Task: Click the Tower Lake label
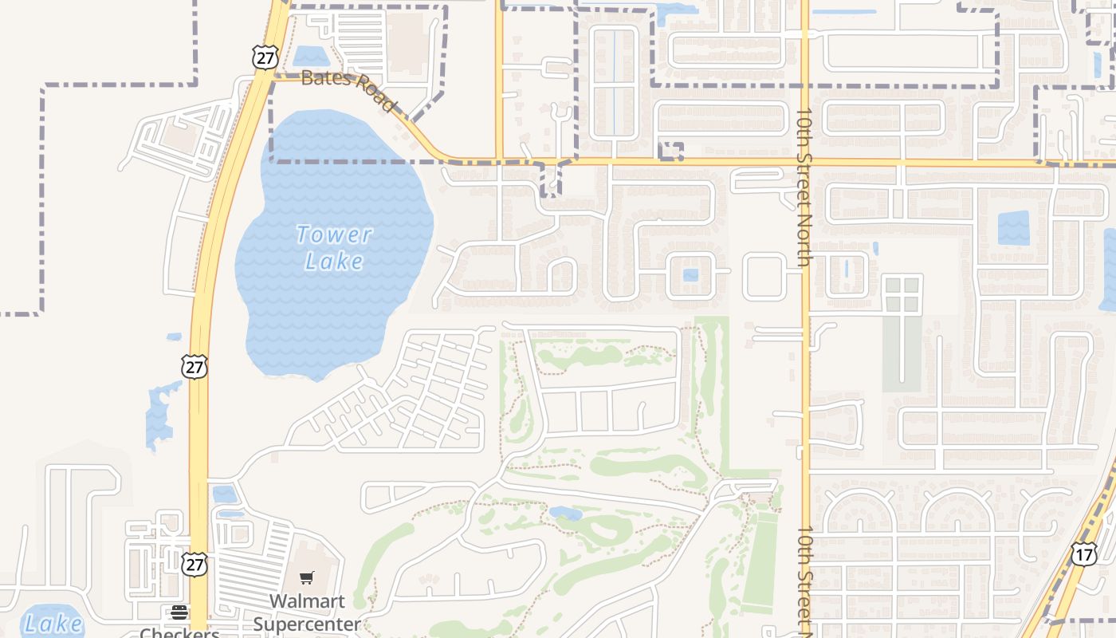(x=334, y=247)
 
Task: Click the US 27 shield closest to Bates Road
(x=264, y=57)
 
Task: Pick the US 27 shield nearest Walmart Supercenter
(x=194, y=564)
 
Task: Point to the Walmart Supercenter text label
(x=307, y=612)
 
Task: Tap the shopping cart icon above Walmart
(x=307, y=578)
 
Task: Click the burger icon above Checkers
(x=179, y=612)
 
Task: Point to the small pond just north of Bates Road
(x=311, y=57)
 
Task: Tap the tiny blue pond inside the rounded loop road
(x=690, y=275)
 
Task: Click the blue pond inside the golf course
(x=566, y=514)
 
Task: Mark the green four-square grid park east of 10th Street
(x=902, y=293)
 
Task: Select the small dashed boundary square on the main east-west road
(x=671, y=152)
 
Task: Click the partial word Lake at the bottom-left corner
(x=53, y=623)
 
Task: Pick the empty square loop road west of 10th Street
(x=764, y=275)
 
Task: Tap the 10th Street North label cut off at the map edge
(x=804, y=578)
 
